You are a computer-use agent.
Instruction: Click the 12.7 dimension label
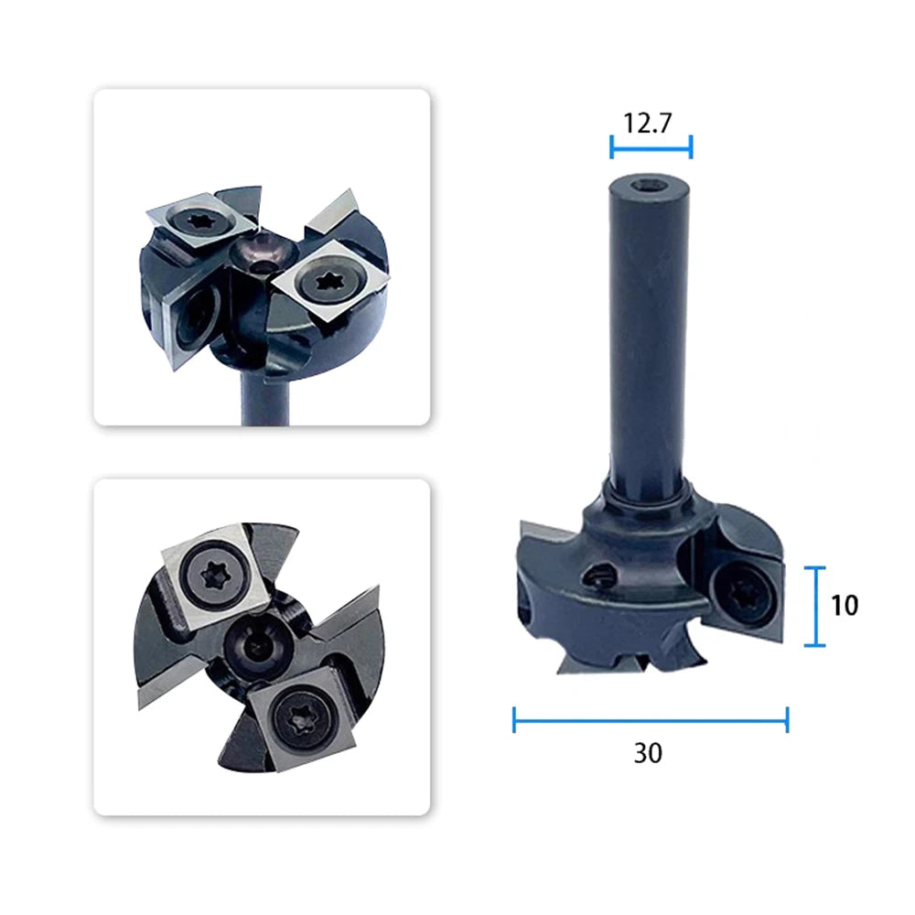(647, 124)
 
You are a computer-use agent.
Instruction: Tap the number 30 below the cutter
(649, 753)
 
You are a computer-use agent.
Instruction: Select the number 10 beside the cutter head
(845, 605)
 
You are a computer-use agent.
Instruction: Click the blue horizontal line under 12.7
(651, 147)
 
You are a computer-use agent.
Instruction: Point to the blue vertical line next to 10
(814, 607)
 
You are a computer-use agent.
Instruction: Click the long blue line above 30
(651, 720)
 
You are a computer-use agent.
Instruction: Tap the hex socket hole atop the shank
(650, 187)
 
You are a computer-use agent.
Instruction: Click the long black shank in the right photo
(649, 333)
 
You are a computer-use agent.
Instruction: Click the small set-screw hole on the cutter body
(598, 576)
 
